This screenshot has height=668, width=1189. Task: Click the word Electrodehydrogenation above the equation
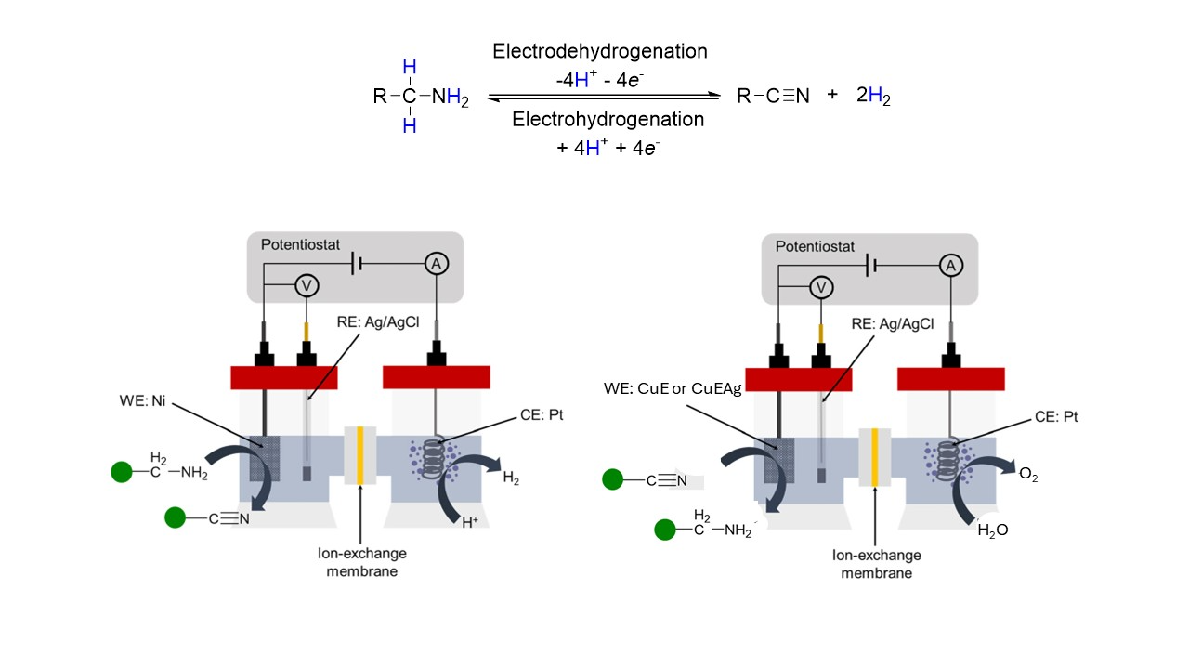point(599,52)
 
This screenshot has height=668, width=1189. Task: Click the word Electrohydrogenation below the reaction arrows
point(608,120)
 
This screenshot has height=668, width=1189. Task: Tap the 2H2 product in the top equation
point(873,96)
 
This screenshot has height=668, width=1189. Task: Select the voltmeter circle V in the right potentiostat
point(820,288)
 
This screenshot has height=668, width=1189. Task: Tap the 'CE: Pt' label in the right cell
point(1058,417)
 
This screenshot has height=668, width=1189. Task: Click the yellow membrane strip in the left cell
point(359,456)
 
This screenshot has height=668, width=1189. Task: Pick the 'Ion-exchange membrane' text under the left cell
point(360,562)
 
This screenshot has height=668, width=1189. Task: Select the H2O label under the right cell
point(993,530)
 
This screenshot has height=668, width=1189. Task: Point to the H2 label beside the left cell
point(511,478)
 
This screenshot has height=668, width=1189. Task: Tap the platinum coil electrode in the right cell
point(947,458)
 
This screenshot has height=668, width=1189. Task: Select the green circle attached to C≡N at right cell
point(612,479)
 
